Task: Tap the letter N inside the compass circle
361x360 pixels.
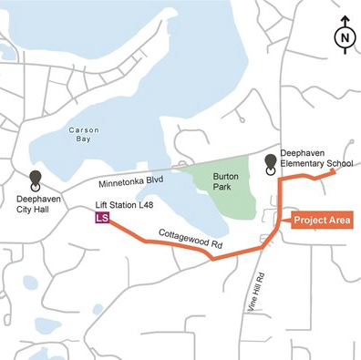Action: click(x=344, y=38)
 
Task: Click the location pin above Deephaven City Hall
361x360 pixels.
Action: click(x=36, y=180)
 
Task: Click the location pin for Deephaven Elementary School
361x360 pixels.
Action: click(x=271, y=164)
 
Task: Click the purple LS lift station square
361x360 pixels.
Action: click(x=102, y=219)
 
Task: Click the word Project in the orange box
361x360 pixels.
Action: click(x=312, y=220)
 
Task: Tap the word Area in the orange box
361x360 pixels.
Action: click(x=340, y=220)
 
